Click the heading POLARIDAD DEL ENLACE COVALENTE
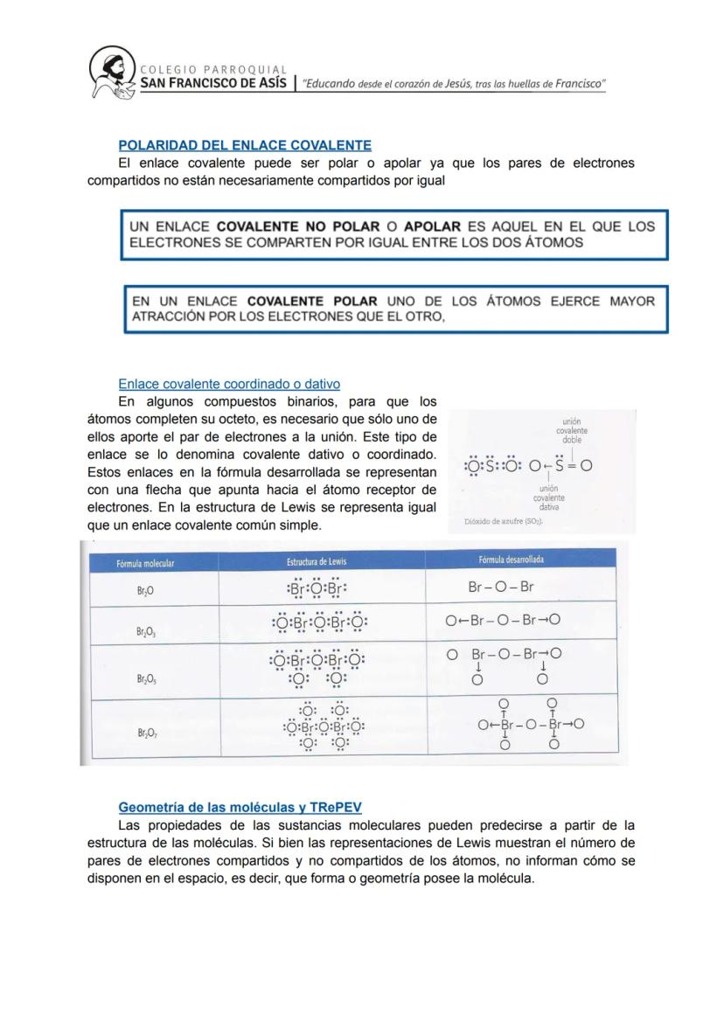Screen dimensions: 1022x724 pos(245,145)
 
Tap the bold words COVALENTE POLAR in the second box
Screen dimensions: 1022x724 pos(312,302)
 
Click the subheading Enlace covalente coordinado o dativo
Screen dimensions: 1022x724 pos(229,384)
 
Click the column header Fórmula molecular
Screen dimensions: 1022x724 pos(145,564)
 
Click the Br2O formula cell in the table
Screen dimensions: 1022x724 pos(145,591)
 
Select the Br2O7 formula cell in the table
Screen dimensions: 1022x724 pos(146,733)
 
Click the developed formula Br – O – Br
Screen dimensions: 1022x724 pos(501,587)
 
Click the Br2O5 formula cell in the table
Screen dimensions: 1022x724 pos(146,678)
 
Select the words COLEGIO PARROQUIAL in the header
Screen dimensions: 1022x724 pos(213,70)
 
